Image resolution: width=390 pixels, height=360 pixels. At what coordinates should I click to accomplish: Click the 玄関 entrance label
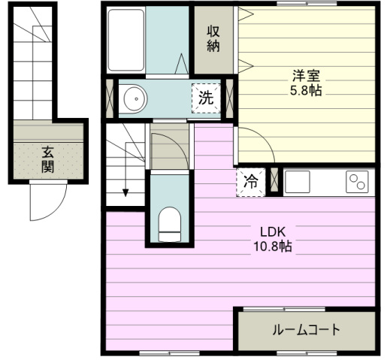[47, 159]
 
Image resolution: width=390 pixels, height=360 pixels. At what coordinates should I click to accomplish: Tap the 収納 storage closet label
[213, 39]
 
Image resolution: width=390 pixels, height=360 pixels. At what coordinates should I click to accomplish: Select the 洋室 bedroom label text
[306, 76]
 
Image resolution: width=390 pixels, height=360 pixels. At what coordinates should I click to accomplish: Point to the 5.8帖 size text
[306, 90]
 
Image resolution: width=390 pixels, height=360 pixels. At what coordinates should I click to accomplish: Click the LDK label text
[273, 232]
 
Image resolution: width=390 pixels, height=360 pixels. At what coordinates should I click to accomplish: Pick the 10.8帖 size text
[273, 246]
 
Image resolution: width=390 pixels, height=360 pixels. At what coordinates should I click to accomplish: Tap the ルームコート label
[307, 329]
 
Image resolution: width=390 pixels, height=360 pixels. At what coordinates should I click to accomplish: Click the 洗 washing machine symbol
[206, 98]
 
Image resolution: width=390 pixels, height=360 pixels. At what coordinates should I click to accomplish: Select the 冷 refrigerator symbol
[251, 182]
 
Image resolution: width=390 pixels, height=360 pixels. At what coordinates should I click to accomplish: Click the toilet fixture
[170, 225]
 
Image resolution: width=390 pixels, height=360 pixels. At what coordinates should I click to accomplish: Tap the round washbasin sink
[135, 98]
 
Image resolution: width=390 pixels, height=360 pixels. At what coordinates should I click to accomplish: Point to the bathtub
[126, 40]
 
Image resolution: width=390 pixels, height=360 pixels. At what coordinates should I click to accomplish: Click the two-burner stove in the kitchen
[357, 182]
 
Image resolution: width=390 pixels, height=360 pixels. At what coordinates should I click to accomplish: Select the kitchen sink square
[298, 182]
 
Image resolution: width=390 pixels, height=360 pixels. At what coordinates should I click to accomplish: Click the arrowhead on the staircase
[125, 193]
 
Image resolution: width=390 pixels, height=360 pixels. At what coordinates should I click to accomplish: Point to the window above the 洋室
[307, 3]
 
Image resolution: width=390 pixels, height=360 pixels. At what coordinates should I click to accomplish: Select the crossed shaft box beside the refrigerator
[274, 182]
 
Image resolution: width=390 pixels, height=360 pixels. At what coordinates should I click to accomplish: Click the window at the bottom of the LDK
[169, 353]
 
